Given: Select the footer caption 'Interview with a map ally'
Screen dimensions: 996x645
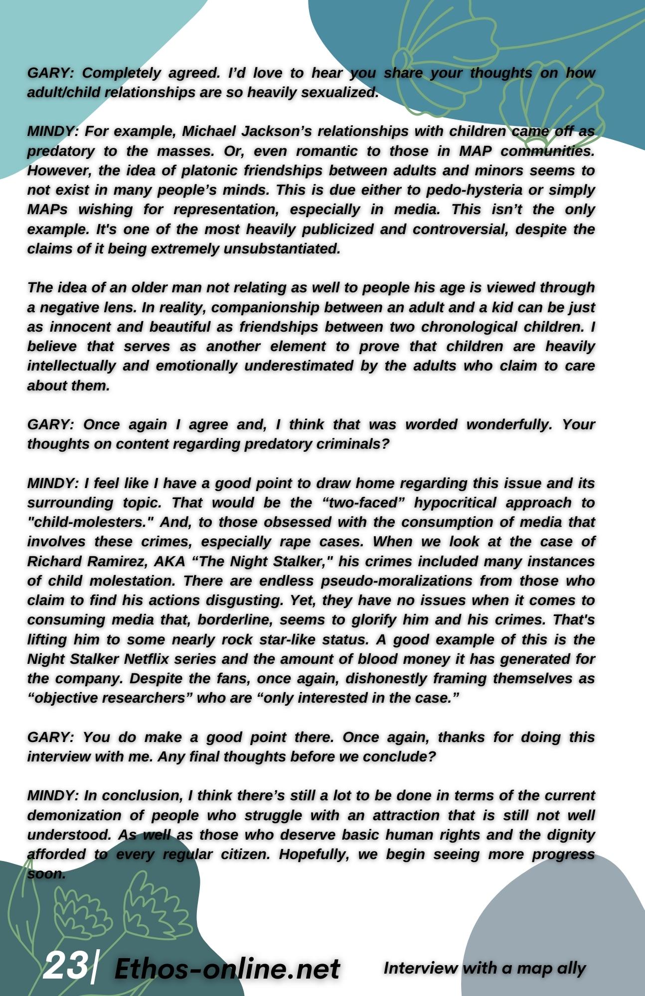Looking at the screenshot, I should pyautogui.click(x=484, y=968).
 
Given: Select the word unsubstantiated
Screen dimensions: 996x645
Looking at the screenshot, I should pyautogui.click(x=282, y=249).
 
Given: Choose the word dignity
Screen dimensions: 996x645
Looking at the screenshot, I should pyautogui.click(x=567, y=835).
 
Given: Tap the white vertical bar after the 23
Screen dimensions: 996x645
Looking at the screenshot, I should pyautogui.click(x=94, y=966).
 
